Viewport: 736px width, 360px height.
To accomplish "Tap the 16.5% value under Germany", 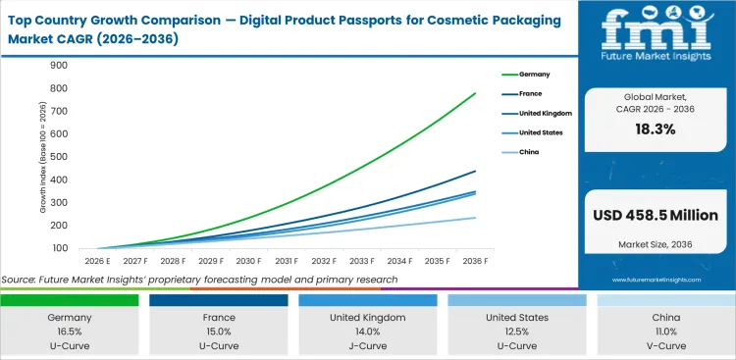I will click(x=70, y=332).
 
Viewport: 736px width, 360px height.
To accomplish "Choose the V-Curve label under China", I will click(x=665, y=345).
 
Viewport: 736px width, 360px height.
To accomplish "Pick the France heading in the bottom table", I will click(x=219, y=318).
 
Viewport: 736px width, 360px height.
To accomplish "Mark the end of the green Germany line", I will click(x=476, y=93).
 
